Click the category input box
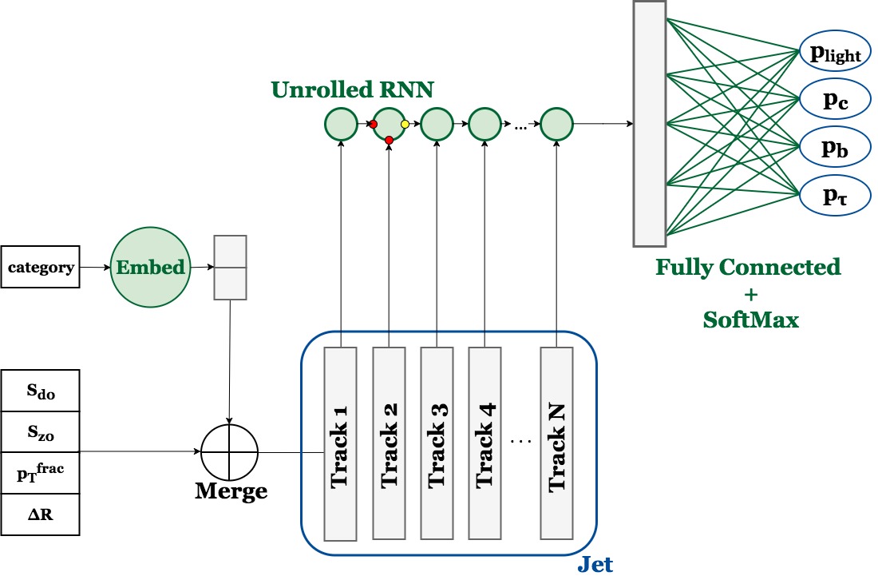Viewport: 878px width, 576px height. click(41, 267)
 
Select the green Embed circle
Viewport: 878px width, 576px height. click(150, 268)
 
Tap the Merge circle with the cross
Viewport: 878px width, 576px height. click(230, 452)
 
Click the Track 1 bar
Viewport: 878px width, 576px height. click(341, 443)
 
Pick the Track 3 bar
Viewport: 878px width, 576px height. click(437, 443)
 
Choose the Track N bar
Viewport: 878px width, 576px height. click(556, 443)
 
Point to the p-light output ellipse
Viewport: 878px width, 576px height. click(835, 51)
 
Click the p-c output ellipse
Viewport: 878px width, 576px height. click(835, 99)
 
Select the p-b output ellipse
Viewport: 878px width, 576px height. click(835, 147)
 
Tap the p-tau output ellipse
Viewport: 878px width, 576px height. click(835, 195)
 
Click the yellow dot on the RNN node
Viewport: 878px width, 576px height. click(405, 124)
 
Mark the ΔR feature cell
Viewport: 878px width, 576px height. click(41, 514)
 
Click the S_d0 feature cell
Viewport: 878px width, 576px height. click(41, 391)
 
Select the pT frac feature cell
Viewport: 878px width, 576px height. click(41, 473)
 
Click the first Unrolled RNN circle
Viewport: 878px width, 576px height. click(341, 124)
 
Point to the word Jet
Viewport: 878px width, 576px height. click(595, 564)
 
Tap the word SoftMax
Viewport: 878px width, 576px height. click(751, 320)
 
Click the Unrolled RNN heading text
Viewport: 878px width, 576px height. click(352, 89)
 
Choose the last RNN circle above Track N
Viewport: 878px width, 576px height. click(556, 124)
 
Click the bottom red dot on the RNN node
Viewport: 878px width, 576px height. click(390, 140)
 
